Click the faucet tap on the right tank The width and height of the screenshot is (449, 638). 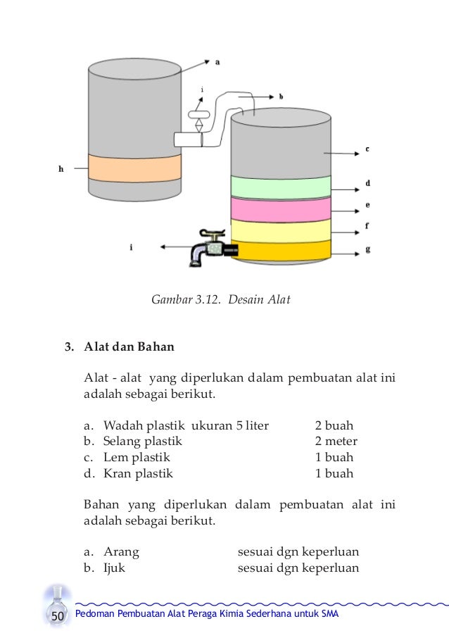coord(207,248)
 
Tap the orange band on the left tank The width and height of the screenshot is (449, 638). coord(134,166)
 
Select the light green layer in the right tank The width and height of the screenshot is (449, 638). coord(281,187)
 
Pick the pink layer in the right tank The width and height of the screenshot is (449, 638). coord(281,209)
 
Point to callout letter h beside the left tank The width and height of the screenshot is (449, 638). coord(61,168)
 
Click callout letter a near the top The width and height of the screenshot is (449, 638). coord(217,61)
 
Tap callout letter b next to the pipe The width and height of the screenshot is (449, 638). coord(280,95)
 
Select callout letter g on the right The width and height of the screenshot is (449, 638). coord(367,249)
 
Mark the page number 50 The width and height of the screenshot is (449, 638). coord(58,617)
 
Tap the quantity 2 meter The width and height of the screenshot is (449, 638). coord(336,442)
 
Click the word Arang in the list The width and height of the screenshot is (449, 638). coord(121,551)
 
